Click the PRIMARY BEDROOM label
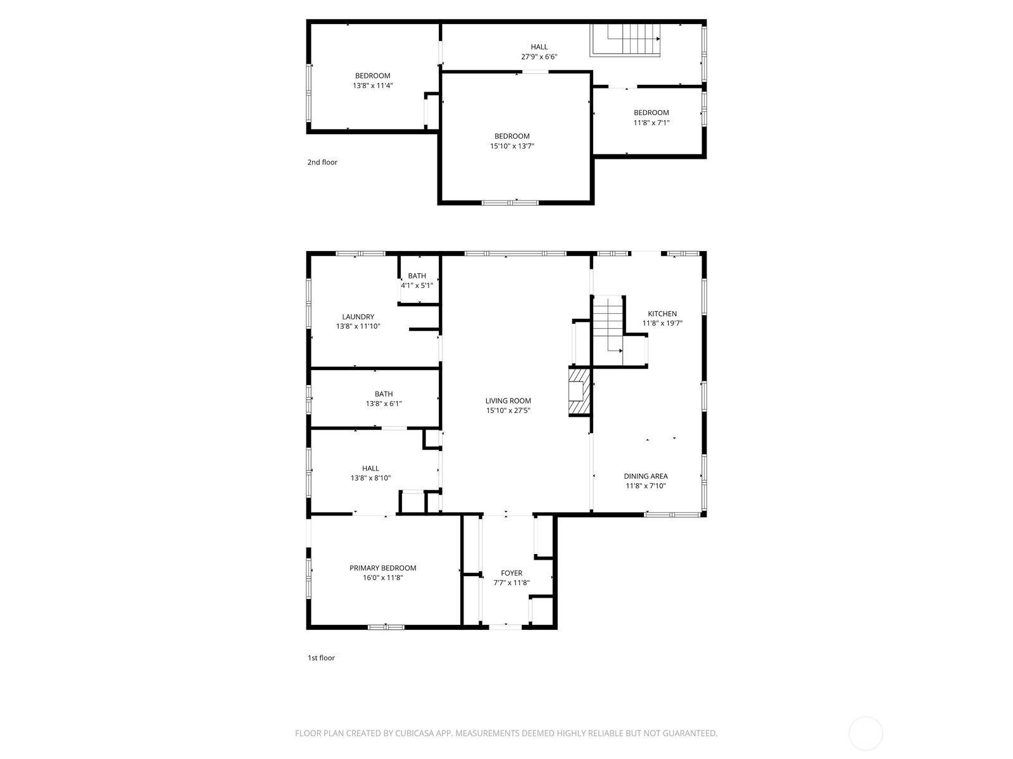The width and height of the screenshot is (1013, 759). [x=382, y=568]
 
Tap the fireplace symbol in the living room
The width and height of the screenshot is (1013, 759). [x=579, y=392]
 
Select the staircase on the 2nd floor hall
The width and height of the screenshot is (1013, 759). [x=626, y=40]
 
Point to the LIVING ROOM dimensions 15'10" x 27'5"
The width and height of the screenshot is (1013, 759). [x=508, y=410]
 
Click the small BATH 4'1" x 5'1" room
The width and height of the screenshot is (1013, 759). [x=417, y=280]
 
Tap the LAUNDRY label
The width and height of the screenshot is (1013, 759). [x=358, y=317]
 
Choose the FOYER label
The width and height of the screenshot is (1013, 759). [x=512, y=573]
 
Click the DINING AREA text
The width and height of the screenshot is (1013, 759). [x=645, y=476]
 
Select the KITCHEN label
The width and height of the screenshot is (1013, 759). [x=662, y=314]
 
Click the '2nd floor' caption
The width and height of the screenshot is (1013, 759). [x=322, y=163]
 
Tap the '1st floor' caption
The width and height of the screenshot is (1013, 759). [x=321, y=658]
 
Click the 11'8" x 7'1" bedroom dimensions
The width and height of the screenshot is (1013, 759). [x=651, y=123]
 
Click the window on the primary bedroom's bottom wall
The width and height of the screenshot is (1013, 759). [x=386, y=627]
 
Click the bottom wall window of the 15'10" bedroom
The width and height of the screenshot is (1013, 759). [x=510, y=202]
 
